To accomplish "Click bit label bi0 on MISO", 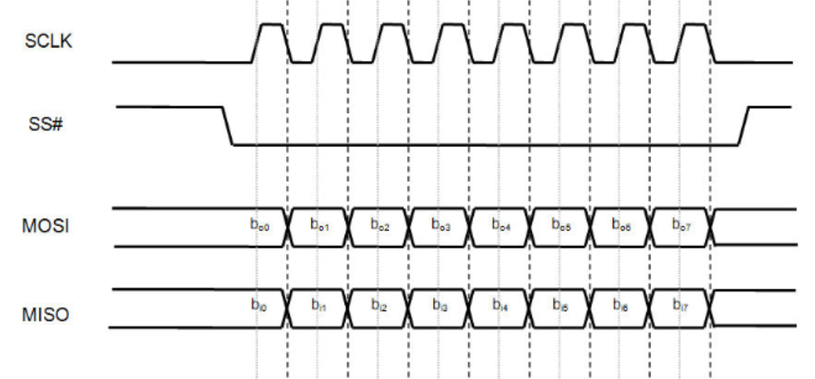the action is click(x=258, y=305).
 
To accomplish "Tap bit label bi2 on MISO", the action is click(x=380, y=305).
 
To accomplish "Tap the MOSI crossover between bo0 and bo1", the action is click(x=287, y=228).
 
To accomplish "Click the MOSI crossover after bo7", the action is click(x=710, y=228).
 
